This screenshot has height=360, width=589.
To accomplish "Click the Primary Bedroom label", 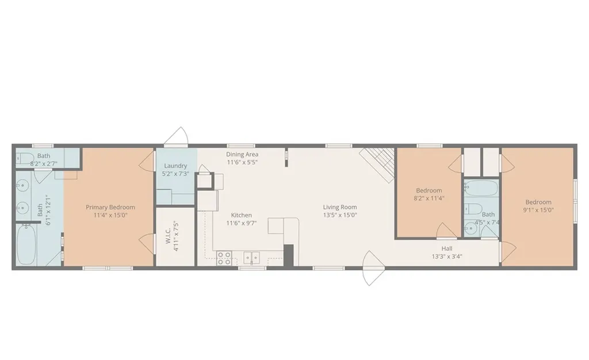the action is [x=110, y=207].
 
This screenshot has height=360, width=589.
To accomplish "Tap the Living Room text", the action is [x=340, y=207].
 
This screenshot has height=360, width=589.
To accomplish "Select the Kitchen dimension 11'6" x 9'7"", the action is [x=242, y=223].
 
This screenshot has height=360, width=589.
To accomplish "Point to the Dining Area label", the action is [x=242, y=154].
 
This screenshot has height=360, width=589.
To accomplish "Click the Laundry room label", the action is [x=175, y=166].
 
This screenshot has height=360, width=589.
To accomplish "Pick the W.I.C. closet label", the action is [x=168, y=235].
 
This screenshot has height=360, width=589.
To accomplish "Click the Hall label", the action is [x=447, y=248].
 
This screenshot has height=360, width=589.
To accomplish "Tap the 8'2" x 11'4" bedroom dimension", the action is [x=429, y=198].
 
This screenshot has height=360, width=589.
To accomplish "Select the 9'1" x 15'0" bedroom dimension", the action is [x=538, y=210].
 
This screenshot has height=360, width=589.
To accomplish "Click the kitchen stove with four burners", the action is [x=224, y=259].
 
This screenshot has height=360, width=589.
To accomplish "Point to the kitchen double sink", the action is [x=251, y=258].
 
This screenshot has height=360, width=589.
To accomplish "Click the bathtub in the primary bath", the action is [x=26, y=244].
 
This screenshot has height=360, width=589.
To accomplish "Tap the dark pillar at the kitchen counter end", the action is [x=288, y=255].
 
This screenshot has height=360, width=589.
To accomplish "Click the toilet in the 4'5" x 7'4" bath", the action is [x=473, y=209].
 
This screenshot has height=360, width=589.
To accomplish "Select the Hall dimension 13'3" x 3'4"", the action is [x=447, y=256].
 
